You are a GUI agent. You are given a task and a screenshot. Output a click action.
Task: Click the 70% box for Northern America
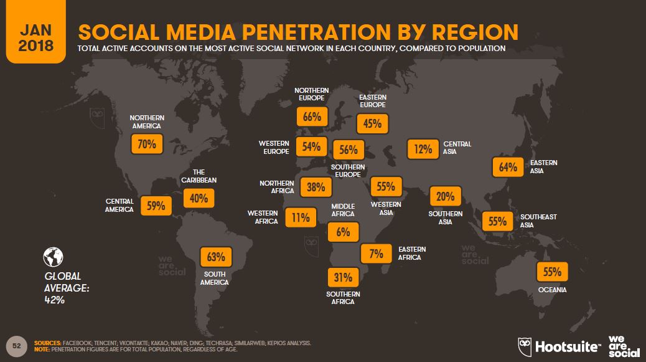[x=147, y=145]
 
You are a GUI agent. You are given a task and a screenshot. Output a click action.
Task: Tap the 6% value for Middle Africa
[x=342, y=233]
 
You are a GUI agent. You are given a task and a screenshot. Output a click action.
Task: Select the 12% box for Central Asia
[x=423, y=149]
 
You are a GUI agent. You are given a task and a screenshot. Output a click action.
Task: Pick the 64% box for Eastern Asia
[x=508, y=167]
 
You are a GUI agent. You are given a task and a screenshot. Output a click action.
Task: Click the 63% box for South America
[x=215, y=256]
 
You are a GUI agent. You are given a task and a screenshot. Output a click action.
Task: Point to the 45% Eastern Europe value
[x=372, y=123]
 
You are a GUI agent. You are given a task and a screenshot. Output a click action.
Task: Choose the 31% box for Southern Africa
[x=342, y=277]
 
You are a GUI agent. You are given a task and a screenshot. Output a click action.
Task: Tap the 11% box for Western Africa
[x=301, y=217]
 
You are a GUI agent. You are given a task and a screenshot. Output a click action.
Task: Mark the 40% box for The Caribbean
[x=199, y=198]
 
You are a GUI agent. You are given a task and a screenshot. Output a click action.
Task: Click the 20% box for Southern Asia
[x=445, y=197]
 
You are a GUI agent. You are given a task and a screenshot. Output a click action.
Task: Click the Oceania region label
[x=553, y=290]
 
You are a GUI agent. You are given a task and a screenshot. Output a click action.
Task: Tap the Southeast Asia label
[x=538, y=221]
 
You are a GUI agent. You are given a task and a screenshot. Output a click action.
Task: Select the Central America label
[x=119, y=206]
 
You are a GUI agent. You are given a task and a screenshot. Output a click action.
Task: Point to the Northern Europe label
[x=312, y=95]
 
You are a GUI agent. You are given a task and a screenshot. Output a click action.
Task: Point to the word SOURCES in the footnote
[x=47, y=343]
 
